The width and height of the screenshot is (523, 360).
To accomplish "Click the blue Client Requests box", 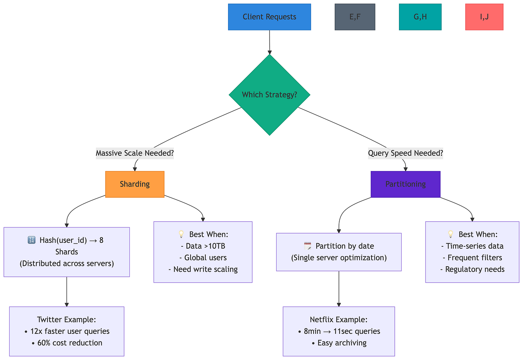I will tap(269, 17).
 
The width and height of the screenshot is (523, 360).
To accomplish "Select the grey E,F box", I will tap(355, 17).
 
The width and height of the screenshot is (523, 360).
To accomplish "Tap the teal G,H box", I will tap(420, 17).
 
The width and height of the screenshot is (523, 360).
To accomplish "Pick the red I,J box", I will tap(484, 17).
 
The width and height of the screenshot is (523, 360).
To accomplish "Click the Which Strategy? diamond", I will tap(269, 95).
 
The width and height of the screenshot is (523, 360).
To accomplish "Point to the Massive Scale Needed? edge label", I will tap(135, 153).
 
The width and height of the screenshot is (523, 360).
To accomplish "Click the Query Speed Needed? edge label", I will tap(406, 153).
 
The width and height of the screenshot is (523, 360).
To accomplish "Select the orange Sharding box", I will tap(135, 184).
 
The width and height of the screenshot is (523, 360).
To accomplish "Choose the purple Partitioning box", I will tap(406, 184).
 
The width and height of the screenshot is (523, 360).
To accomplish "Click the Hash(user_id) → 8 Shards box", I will tap(67, 252).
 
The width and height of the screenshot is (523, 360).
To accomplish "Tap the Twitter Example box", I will tap(67, 331).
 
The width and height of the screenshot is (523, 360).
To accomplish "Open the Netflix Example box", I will tap(339, 331).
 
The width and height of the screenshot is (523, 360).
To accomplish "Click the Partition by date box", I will tap(339, 252).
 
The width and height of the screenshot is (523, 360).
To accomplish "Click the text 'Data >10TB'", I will tap(203, 246).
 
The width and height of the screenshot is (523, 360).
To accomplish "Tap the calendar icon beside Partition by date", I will tap(307, 246).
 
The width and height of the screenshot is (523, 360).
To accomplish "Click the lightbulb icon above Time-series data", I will tap(451, 234).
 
